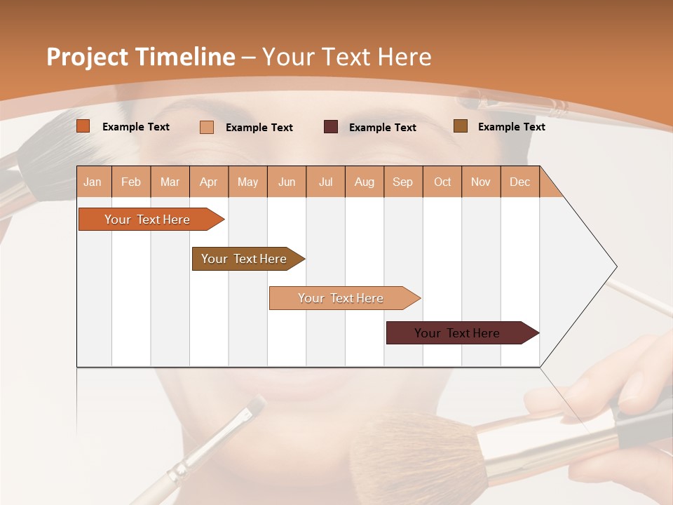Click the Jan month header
[x=93, y=182]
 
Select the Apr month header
[x=209, y=182]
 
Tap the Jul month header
[x=325, y=182]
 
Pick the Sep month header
[x=402, y=182]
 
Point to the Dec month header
[x=519, y=182]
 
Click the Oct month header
[x=442, y=182]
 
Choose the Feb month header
[x=131, y=182]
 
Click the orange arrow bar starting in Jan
[x=147, y=220]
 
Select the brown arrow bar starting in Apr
[x=244, y=259]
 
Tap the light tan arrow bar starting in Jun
[x=341, y=298]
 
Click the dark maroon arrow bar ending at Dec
[x=457, y=333]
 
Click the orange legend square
[x=83, y=126]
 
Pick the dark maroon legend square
[x=331, y=127]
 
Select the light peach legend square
[x=207, y=127]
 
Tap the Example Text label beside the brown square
[x=511, y=126]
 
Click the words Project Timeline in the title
[x=140, y=57]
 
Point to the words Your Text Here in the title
[x=346, y=57]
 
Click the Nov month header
[x=480, y=182]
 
